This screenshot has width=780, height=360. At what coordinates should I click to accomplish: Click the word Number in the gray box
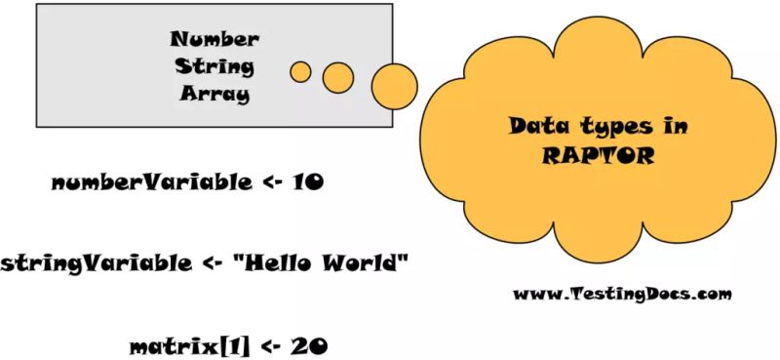(x=214, y=40)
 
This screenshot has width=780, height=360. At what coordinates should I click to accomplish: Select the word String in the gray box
(x=214, y=67)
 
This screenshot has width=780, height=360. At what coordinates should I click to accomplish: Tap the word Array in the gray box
(x=214, y=95)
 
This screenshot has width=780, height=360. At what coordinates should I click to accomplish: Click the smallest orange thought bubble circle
(x=301, y=71)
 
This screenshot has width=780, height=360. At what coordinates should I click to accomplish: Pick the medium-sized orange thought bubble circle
(x=337, y=76)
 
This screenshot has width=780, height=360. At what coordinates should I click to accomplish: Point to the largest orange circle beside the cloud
(x=395, y=86)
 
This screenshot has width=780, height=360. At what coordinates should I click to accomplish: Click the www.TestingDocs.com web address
(x=621, y=293)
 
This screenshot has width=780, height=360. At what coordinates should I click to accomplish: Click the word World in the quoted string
(x=360, y=262)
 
